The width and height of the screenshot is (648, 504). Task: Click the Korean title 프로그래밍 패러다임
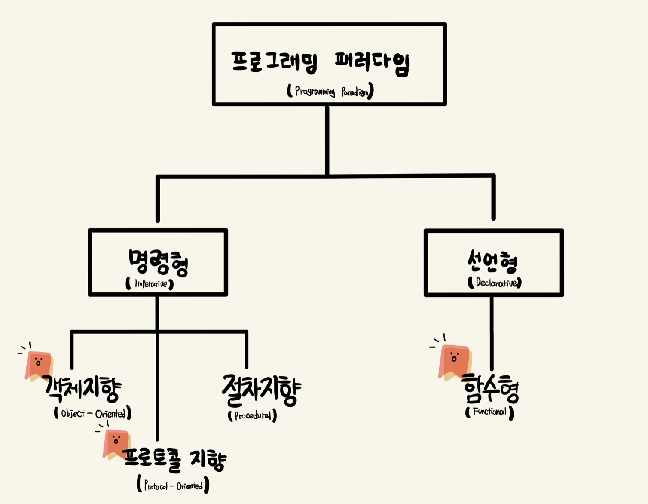coord(320,63)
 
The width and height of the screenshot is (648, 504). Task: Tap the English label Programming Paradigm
coord(330,91)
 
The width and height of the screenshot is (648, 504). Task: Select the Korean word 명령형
coord(158,261)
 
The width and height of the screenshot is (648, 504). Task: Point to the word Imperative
coord(150,284)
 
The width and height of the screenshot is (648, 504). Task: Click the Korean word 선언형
coord(492,261)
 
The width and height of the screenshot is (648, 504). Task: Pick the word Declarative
coord(495,283)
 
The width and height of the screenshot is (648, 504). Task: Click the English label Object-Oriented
coord(93,414)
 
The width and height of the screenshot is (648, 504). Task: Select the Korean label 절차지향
coord(261,390)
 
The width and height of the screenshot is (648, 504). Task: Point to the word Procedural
coord(253,416)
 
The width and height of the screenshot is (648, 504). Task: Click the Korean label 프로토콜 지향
coord(174,459)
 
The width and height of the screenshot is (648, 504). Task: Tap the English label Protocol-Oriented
coord(173,486)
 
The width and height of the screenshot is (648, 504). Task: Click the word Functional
coord(489,412)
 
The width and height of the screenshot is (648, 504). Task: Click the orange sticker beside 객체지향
coord(39,366)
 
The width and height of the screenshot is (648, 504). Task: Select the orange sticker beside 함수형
coord(454,361)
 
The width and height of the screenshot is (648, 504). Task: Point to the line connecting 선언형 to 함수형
coord(492,331)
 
